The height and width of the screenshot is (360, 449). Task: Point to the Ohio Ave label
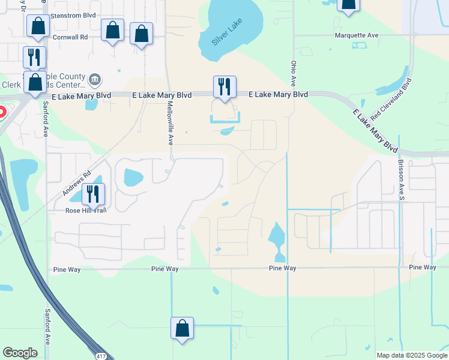click(x=294, y=71)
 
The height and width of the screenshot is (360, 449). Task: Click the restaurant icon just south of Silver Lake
click(x=224, y=86)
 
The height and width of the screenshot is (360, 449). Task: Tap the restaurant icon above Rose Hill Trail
click(x=93, y=193)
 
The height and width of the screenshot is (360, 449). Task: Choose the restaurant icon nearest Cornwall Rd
click(x=34, y=57)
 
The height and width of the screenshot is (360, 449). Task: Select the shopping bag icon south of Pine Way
click(x=182, y=328)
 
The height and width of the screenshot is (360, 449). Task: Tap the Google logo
click(x=20, y=353)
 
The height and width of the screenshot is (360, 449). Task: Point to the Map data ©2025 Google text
click(x=411, y=355)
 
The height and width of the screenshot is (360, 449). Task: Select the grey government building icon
click(x=95, y=79)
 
